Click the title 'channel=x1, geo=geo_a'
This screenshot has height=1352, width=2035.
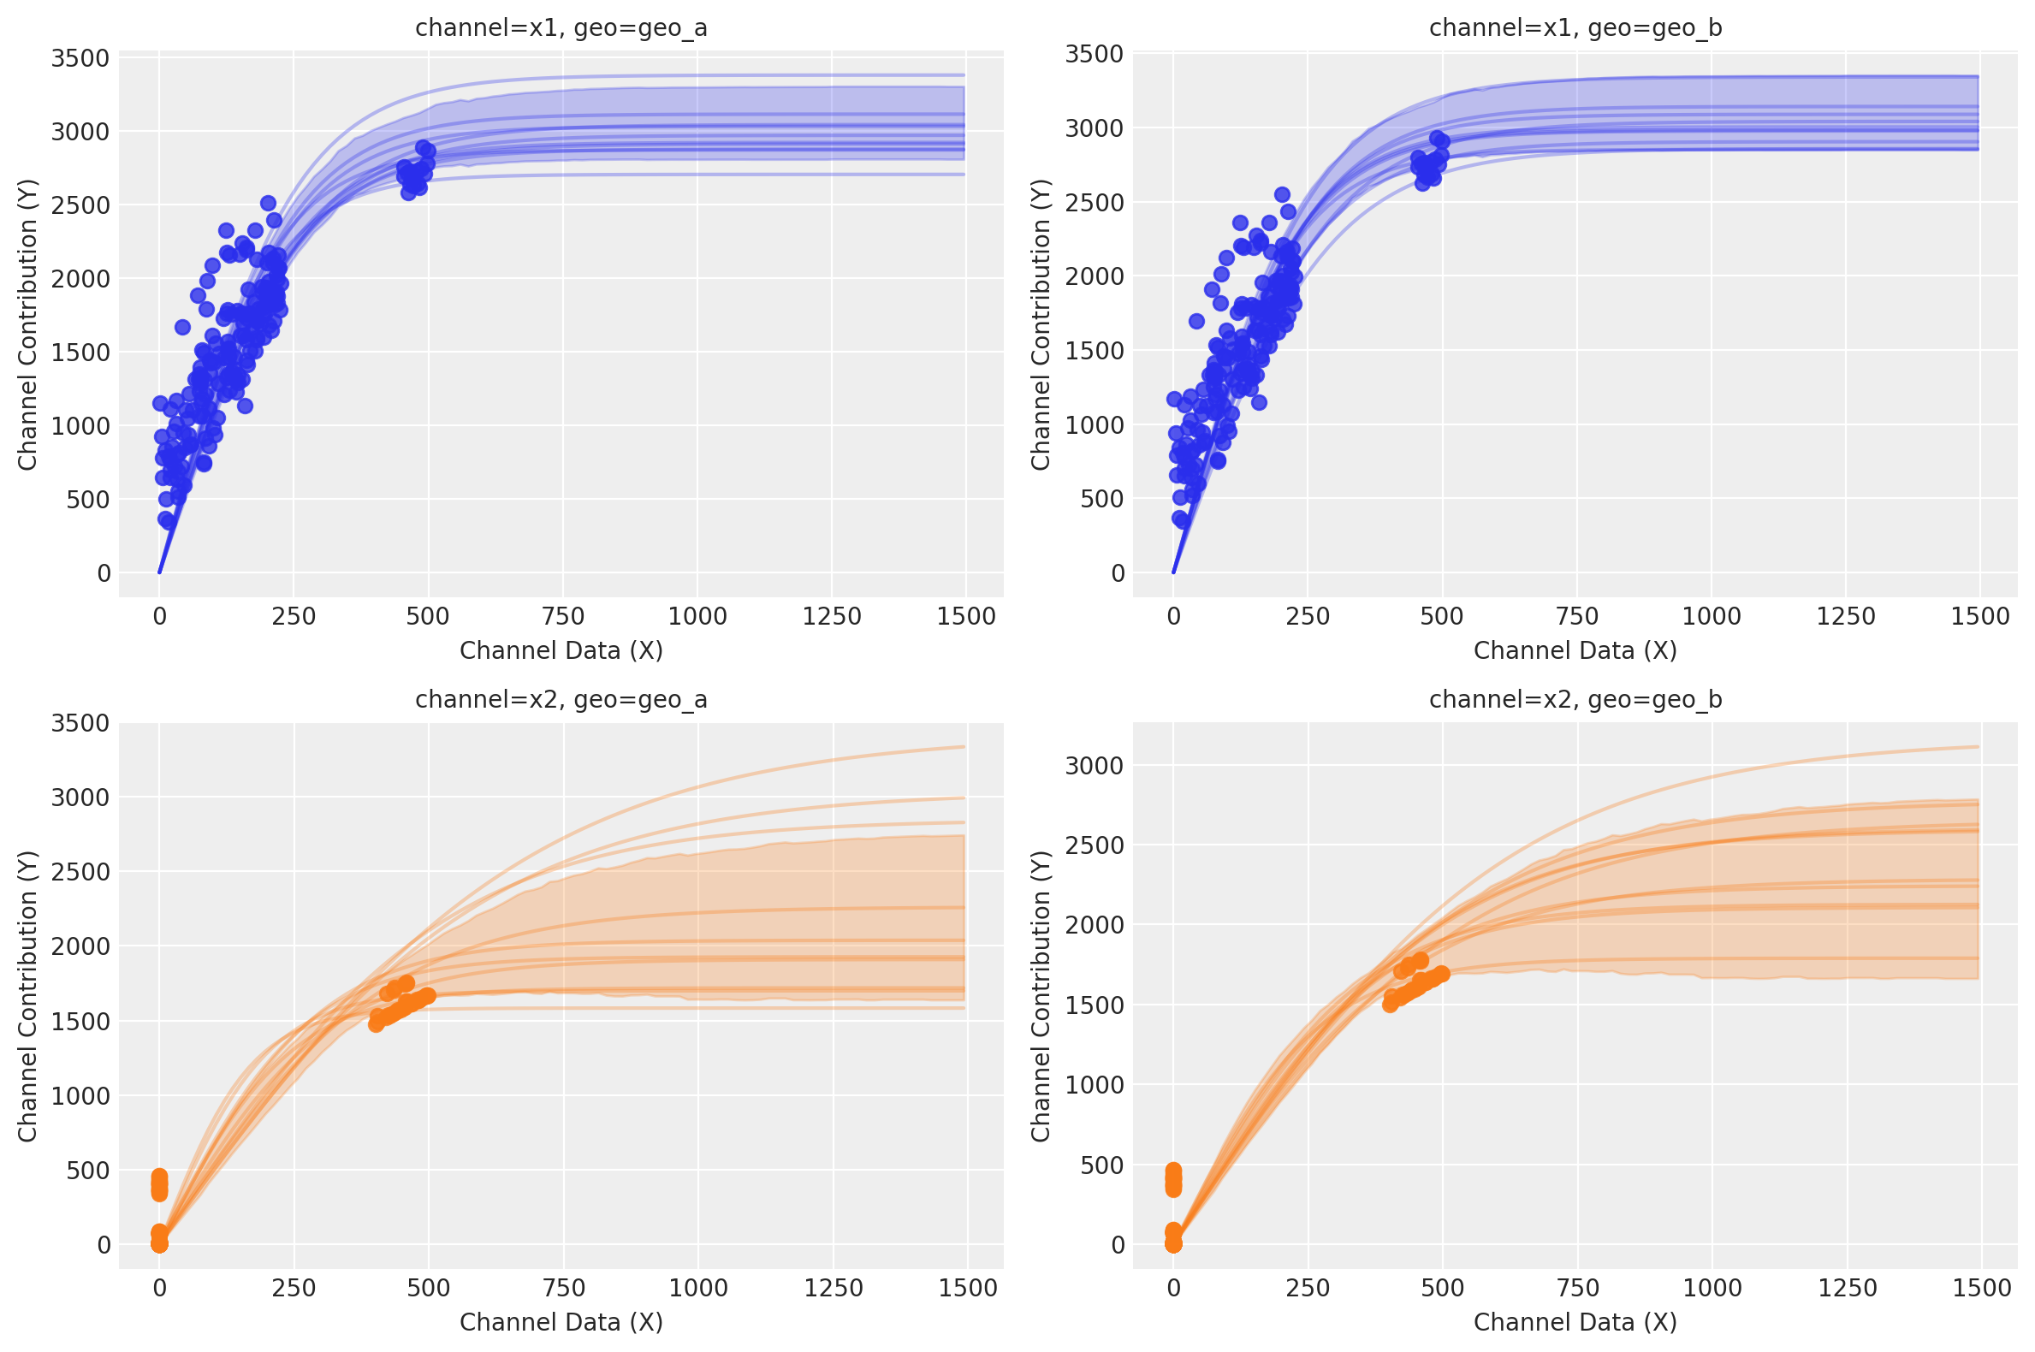pyautogui.click(x=561, y=28)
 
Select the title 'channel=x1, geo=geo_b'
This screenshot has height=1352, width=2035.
pyautogui.click(x=1575, y=28)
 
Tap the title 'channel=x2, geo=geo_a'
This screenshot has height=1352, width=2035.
pyautogui.click(x=561, y=699)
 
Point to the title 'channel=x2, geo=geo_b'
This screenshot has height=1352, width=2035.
pyautogui.click(x=1575, y=699)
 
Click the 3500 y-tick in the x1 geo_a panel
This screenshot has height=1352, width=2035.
pyautogui.click(x=81, y=59)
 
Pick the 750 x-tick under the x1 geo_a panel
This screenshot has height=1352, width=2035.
pyautogui.click(x=562, y=616)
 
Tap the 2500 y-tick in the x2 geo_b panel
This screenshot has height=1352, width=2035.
pyautogui.click(x=1095, y=845)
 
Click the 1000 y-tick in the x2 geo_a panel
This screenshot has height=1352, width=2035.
pyautogui.click(x=81, y=1096)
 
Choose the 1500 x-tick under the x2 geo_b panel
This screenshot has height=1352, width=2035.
pyautogui.click(x=1981, y=1288)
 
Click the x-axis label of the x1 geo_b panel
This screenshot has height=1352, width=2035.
pyautogui.click(x=1575, y=650)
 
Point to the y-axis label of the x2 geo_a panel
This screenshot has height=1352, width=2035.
pyautogui.click(x=27, y=996)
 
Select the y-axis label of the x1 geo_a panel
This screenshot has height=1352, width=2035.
pyautogui.click(x=27, y=324)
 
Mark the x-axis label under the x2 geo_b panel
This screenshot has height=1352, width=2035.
pyautogui.click(x=1575, y=1322)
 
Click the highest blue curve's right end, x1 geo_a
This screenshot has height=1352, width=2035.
pyautogui.click(x=964, y=75)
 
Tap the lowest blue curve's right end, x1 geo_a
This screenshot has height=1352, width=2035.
pyautogui.click(x=964, y=175)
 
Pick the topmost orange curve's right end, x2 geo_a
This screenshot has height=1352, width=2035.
pyautogui.click(x=964, y=747)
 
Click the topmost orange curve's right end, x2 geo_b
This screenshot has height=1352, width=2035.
pyautogui.click(x=1977, y=747)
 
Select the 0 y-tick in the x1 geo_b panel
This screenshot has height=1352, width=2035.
pyautogui.click(x=1118, y=573)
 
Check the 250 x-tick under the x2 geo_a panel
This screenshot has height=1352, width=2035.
pyautogui.click(x=294, y=1288)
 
